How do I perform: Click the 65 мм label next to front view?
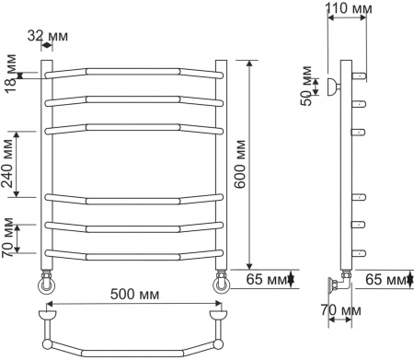[x=266, y=277]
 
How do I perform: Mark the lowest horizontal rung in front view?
[x=132, y=252]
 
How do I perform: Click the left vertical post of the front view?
[x=43, y=166]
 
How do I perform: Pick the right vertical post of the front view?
[x=221, y=166]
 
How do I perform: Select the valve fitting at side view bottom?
[x=340, y=282]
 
